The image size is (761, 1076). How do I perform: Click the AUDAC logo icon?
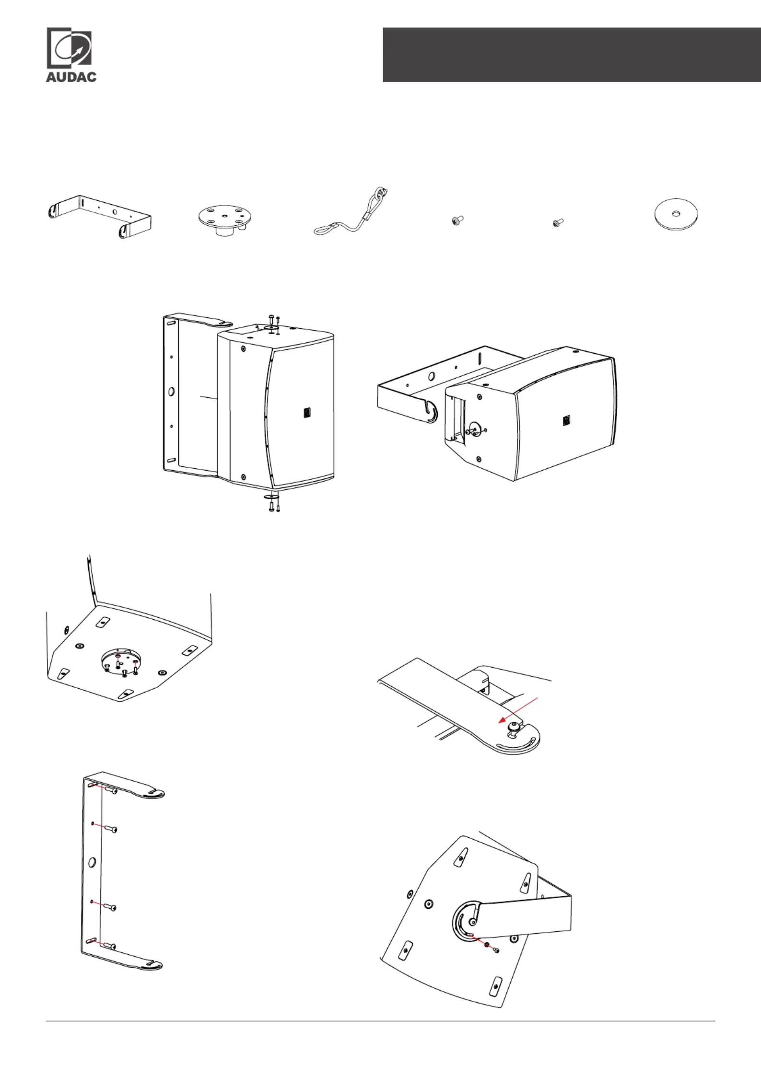click(69, 47)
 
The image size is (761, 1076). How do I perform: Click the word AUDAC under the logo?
click(71, 77)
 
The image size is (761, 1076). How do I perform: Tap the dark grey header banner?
click(572, 55)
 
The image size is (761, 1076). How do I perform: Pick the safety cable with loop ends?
click(351, 212)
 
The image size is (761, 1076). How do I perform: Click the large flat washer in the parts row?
click(676, 214)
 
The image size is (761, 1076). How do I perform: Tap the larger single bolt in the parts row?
click(457, 220)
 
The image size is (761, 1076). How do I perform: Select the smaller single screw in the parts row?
click(558, 223)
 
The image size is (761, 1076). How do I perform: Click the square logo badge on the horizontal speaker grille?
click(567, 421)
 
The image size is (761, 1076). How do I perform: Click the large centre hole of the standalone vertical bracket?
click(92, 863)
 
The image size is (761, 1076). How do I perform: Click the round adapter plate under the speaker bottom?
click(120, 662)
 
